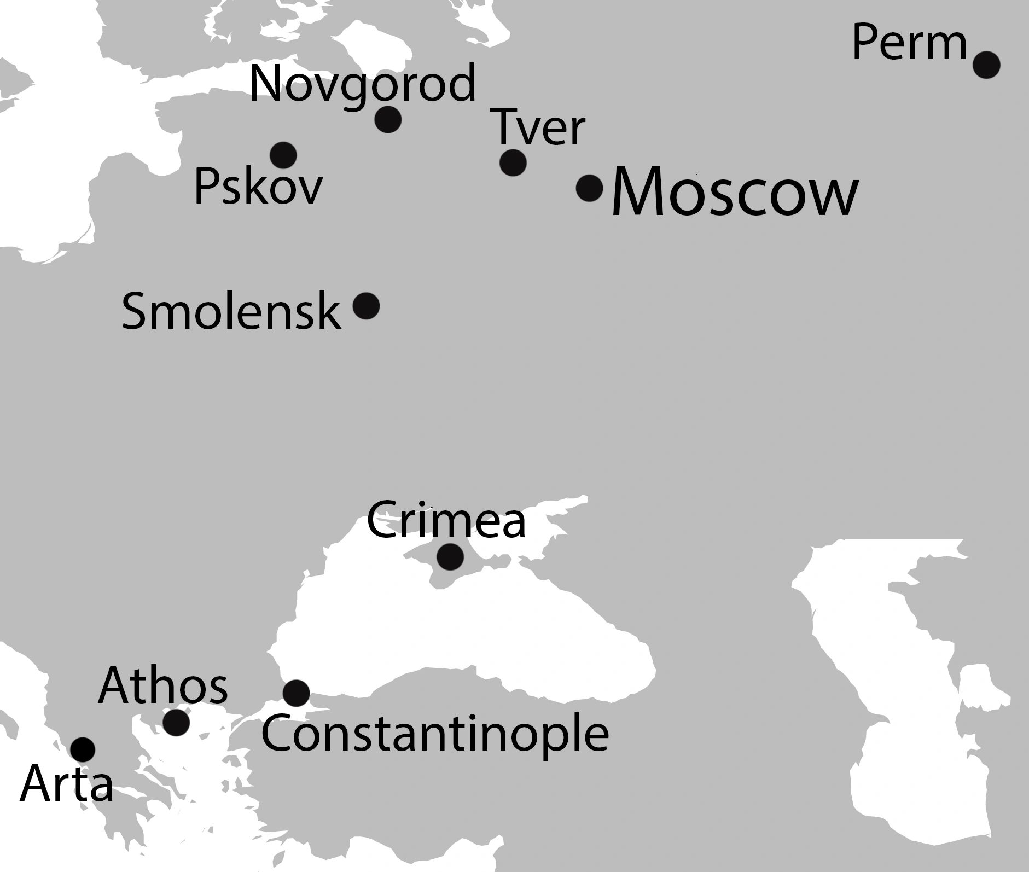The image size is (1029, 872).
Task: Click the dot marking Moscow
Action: point(589,188)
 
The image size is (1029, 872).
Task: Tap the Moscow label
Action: point(734,193)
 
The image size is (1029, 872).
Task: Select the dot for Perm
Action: point(986,65)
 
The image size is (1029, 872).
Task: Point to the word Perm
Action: point(909,44)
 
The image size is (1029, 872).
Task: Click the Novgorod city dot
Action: point(388,119)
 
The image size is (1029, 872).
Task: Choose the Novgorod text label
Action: point(363,84)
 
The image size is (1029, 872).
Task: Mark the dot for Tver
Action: point(513,162)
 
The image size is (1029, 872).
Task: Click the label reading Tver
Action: point(539,127)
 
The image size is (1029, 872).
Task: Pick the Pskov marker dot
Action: point(283,155)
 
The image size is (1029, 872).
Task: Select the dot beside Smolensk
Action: point(366,305)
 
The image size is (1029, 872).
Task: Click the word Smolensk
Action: point(231,311)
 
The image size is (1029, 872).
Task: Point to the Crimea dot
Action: point(450,557)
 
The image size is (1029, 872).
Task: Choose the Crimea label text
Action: point(446,520)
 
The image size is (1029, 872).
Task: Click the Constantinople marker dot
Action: point(296,694)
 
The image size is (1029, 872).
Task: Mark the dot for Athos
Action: point(176,722)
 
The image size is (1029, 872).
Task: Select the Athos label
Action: point(163,685)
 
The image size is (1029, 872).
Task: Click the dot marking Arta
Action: point(83,749)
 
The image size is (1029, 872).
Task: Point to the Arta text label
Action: point(66,784)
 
